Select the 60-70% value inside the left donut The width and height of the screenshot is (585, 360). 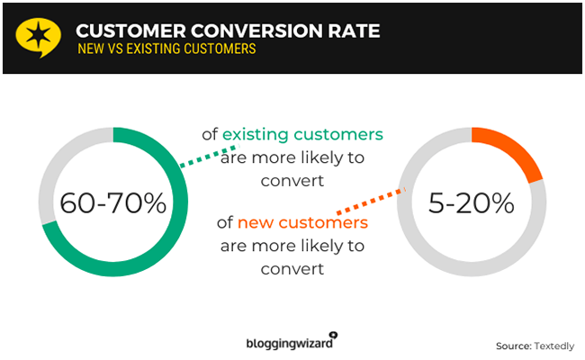pyautogui.click(x=113, y=203)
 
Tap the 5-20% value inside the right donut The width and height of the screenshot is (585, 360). pyautogui.click(x=471, y=203)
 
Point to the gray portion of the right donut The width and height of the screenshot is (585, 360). pyautogui.click(x=423, y=252)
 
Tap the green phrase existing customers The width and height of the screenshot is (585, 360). pyautogui.click(x=302, y=134)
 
